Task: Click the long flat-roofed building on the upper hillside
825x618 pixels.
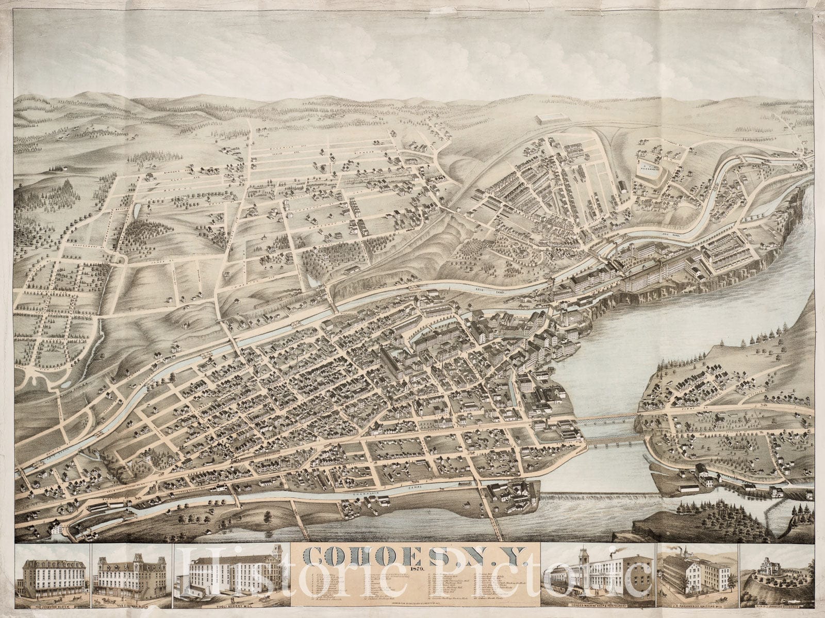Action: (559, 120)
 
